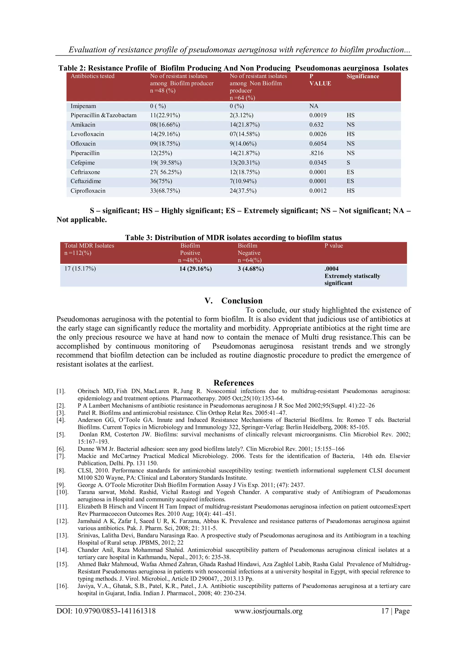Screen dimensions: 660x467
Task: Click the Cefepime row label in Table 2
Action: (x=83, y=163)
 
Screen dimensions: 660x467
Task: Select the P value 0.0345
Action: (x=318, y=163)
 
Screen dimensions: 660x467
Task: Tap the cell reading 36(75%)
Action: (x=161, y=181)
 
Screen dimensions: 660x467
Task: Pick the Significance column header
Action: (x=363, y=77)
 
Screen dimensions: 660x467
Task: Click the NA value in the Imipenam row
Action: (x=314, y=106)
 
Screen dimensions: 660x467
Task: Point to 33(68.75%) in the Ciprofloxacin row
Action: (x=165, y=191)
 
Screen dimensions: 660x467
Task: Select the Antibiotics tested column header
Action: (x=92, y=76)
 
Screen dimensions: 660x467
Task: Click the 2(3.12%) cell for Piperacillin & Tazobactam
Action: (x=241, y=115)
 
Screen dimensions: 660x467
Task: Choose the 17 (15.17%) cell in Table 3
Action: (x=80, y=269)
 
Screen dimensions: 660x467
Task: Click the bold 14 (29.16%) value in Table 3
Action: (x=195, y=269)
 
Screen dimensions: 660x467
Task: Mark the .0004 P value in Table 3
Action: (x=331, y=269)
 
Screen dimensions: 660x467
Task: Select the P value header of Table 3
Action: (x=334, y=246)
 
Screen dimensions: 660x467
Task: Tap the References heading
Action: (x=233, y=383)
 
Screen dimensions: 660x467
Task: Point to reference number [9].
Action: (x=61, y=485)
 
